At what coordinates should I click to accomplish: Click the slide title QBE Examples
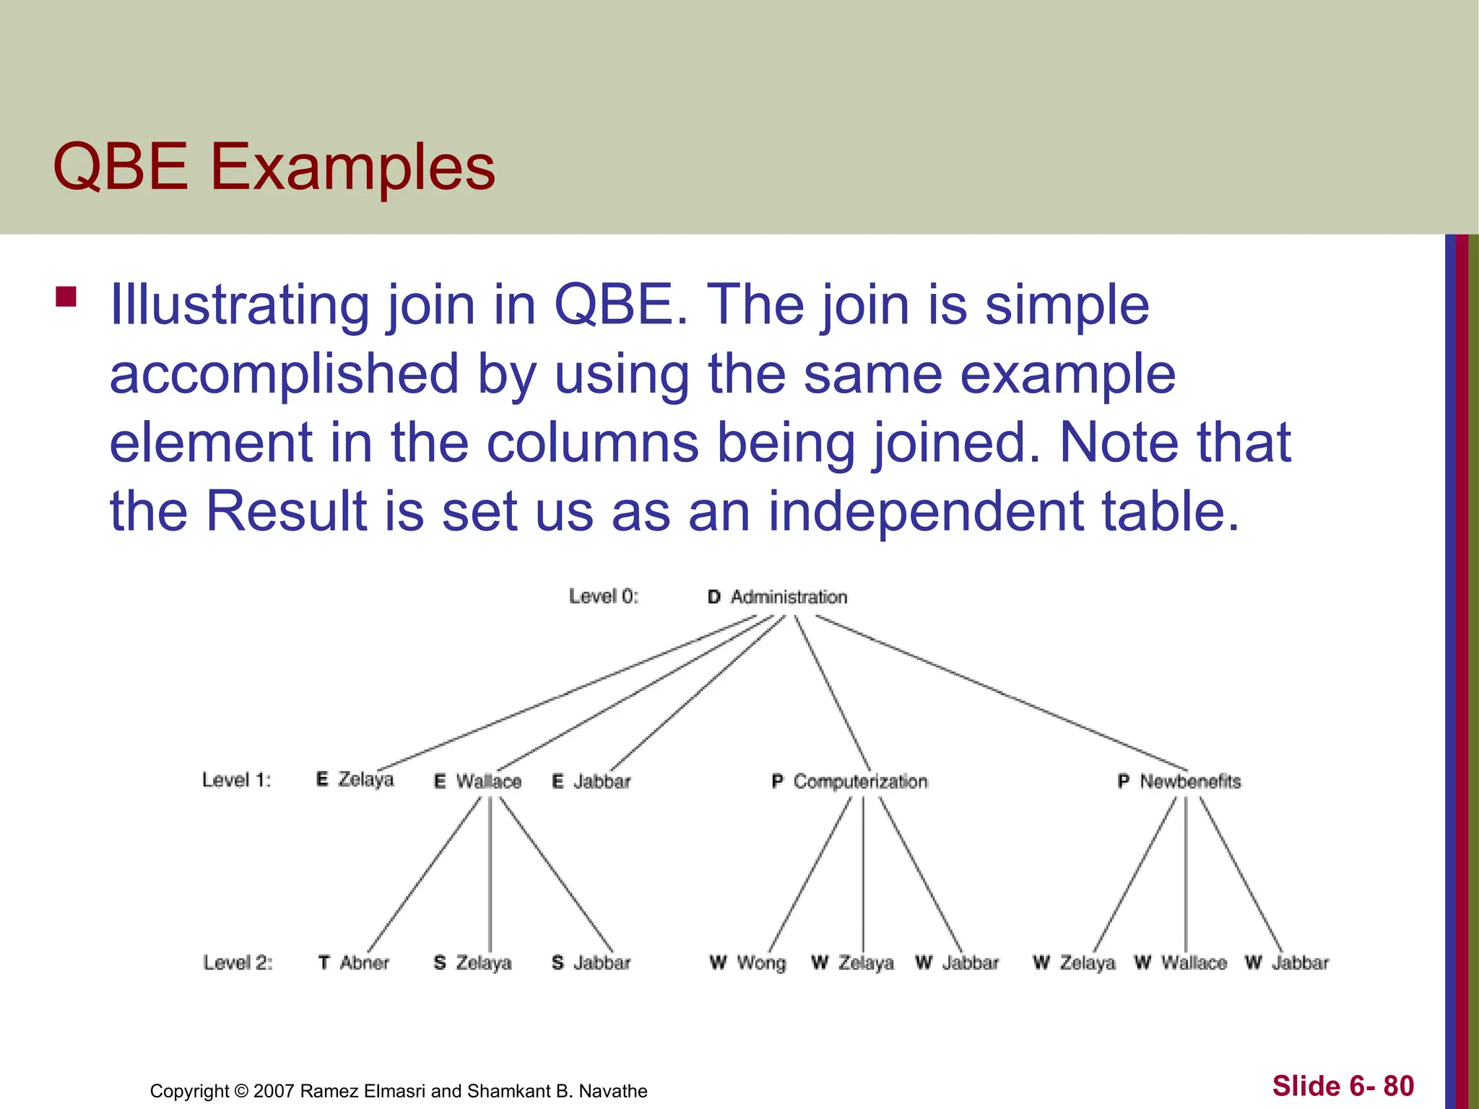(274, 168)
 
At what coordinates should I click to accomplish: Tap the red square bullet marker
(66, 297)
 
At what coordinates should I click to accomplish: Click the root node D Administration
(777, 597)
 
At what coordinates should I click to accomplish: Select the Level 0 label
(604, 596)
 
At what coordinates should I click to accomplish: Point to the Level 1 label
(236, 780)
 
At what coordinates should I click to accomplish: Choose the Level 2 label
(238, 962)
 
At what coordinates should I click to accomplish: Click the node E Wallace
(477, 781)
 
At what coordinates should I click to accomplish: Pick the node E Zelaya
(355, 780)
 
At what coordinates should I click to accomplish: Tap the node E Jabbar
(591, 781)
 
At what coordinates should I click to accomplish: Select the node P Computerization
(849, 781)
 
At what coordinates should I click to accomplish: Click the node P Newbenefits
(1179, 781)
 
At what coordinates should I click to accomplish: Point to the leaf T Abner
(353, 962)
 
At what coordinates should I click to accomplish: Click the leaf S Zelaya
(472, 962)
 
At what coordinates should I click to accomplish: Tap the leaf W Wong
(747, 962)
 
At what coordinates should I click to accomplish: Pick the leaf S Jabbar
(591, 962)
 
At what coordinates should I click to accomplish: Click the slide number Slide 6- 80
(1343, 1086)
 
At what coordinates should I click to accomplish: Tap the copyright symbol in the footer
(242, 1091)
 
